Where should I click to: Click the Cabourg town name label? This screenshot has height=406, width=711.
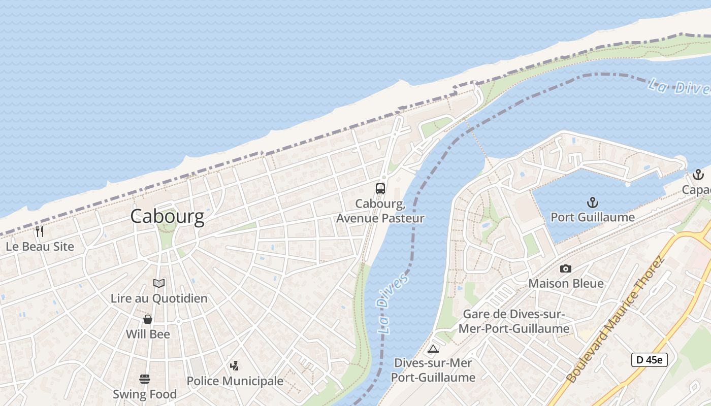167,216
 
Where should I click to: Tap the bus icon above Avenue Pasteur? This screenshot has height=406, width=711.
380,189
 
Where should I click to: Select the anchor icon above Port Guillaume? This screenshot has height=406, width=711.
592,203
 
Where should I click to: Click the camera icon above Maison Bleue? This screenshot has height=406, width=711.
565,268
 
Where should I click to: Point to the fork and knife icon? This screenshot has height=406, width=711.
40,231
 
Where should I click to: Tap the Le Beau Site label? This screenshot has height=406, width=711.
40,247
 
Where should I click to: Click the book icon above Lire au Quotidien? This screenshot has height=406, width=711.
159,283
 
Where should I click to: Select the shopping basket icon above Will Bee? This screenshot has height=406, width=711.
148,319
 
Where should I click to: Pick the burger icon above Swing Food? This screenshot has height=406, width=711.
145,379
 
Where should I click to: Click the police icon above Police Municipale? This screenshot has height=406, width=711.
234,365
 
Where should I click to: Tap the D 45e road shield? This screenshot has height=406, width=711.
649,360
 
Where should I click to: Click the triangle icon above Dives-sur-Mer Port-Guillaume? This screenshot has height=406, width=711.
433,349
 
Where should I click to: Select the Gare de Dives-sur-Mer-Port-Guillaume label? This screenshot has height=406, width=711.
513,321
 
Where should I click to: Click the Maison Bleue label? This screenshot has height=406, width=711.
566,283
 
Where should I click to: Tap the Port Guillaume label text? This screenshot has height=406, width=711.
593,217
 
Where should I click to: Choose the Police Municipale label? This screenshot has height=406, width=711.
235,381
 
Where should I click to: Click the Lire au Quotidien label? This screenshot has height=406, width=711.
159,298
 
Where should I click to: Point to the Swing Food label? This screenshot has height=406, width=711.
145,394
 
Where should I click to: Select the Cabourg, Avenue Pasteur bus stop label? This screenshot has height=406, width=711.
380,211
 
